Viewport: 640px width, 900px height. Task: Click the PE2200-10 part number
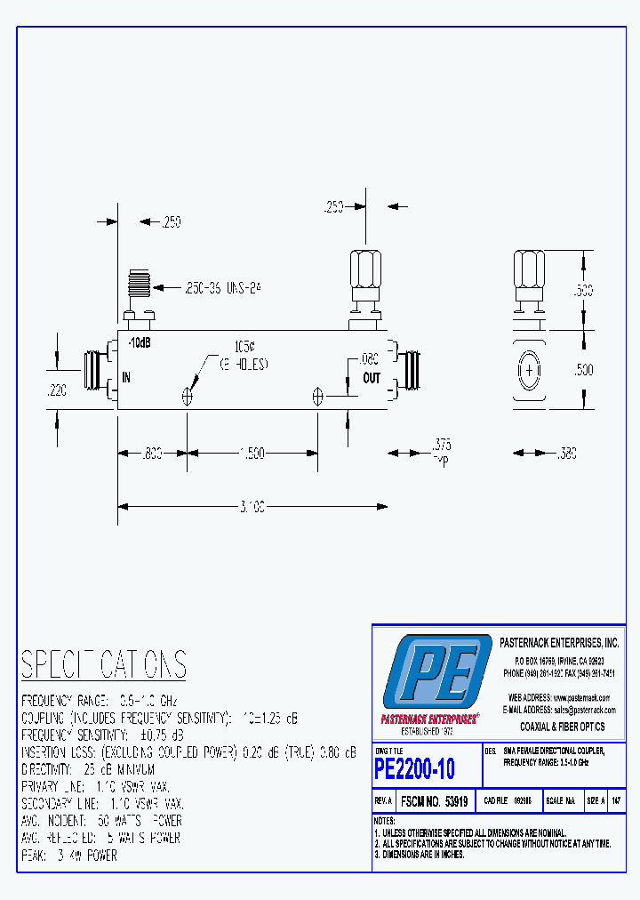[414, 767]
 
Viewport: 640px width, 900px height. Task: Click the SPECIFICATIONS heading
[104, 664]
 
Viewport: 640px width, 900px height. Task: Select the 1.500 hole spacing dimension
[252, 454]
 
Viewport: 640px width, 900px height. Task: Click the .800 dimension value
[152, 454]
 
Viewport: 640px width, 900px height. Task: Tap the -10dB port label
[139, 342]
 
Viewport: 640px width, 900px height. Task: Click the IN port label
[126, 378]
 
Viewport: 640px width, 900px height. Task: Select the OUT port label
[372, 378]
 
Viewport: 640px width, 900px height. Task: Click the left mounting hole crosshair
[188, 397]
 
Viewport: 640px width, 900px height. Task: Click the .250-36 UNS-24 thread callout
[221, 287]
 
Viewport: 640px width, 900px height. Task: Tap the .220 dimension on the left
[55, 389]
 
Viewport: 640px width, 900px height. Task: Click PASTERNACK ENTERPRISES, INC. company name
[559, 642]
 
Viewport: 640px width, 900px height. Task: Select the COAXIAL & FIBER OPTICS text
[562, 727]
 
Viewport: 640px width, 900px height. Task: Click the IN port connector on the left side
[93, 372]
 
